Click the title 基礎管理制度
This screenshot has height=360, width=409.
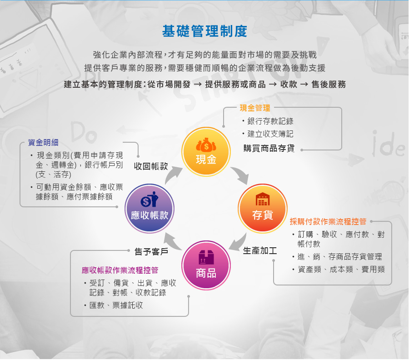pos(204,31)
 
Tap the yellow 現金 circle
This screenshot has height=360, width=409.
pos(206,151)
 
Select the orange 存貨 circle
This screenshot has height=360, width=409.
pos(262,209)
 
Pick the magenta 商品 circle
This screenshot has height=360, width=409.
pos(206,265)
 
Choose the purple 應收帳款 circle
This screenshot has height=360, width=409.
pos(149,209)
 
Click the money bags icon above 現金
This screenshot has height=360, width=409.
pos(206,145)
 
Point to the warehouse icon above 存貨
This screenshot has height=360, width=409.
pos(263,199)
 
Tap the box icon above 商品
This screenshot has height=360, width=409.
pos(206,257)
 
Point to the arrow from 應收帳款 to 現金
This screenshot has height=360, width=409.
pos(174,175)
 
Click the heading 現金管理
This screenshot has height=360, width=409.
pos(255,108)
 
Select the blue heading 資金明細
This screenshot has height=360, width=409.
pos(43,142)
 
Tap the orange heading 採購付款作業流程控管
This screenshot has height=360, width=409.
pos(328,221)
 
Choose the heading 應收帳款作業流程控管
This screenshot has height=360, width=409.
pos(120,270)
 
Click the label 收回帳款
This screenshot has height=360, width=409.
pos(151,166)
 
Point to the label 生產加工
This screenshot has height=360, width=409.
pos(260,251)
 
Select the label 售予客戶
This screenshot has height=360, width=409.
pos(151,251)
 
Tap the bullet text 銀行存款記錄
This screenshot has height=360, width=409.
pos(270,121)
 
